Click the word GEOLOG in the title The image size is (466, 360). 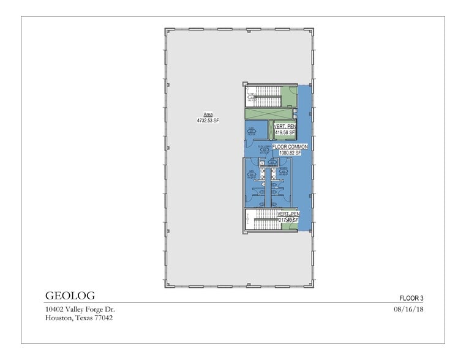pyautogui.click(x=70, y=296)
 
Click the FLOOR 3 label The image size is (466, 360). pyautogui.click(x=412, y=298)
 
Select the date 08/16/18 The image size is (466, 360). pyautogui.click(x=410, y=310)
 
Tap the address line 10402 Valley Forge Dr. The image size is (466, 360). pyautogui.click(x=80, y=310)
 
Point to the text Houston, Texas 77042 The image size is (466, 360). pyautogui.click(x=78, y=318)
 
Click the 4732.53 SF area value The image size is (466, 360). pyautogui.click(x=208, y=121)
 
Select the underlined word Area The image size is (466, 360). pyautogui.click(x=208, y=114)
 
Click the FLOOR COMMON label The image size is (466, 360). pyautogui.click(x=290, y=147)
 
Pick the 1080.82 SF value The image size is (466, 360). pyautogui.click(x=290, y=153)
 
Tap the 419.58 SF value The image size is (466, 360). pyautogui.click(x=285, y=132)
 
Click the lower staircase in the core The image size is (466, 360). pyautogui.click(x=267, y=218)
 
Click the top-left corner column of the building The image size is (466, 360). pyautogui.click(x=167, y=31)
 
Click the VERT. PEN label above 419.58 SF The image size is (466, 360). pyautogui.click(x=285, y=126)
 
